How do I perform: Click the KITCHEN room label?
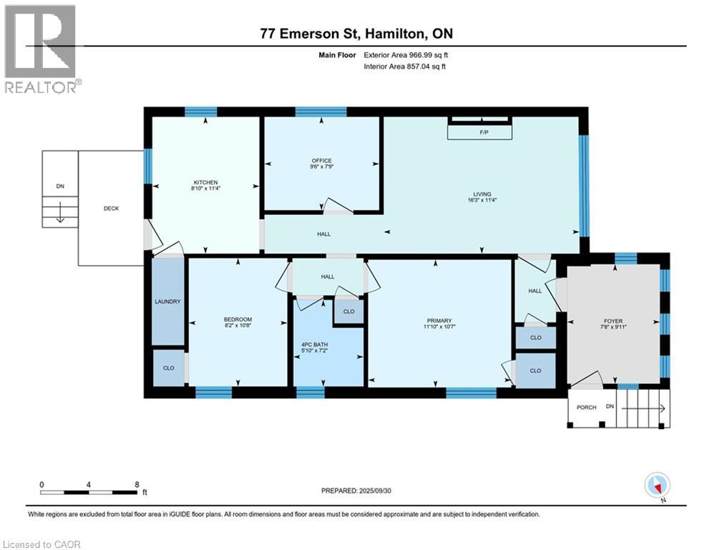pyautogui.click(x=205, y=183)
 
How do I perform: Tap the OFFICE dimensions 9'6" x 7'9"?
pyautogui.click(x=321, y=167)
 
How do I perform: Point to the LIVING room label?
pyautogui.click(x=482, y=194)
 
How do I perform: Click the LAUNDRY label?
pyautogui.click(x=167, y=301)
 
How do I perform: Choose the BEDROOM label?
pyautogui.click(x=238, y=319)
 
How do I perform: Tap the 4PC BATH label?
pyautogui.click(x=315, y=344)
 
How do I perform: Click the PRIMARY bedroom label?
pyautogui.click(x=439, y=320)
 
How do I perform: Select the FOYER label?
pyautogui.click(x=613, y=321)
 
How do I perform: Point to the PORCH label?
pyautogui.click(x=586, y=407)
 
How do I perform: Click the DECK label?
pyautogui.click(x=111, y=208)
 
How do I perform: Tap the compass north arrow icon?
pyautogui.click(x=657, y=486)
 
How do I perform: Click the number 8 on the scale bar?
pyautogui.click(x=137, y=485)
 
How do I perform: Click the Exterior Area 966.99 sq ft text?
pyautogui.click(x=406, y=55)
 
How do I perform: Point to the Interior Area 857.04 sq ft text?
pyautogui.click(x=404, y=67)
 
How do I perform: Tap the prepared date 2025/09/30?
pyautogui.click(x=375, y=491)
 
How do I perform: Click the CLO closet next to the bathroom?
pyautogui.click(x=348, y=312)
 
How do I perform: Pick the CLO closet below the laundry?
pyautogui.click(x=168, y=367)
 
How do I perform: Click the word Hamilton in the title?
pyautogui.click(x=396, y=34)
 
